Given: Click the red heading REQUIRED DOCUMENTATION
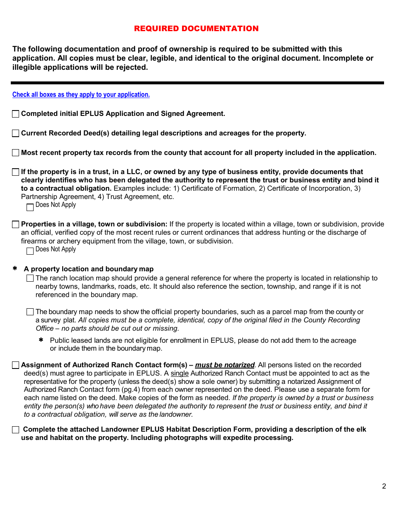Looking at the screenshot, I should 196,29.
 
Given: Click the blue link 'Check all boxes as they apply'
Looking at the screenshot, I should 81,95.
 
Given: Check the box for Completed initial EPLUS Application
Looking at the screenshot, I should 15,114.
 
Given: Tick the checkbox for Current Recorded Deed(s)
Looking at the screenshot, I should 15,133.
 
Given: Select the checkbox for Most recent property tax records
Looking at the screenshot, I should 15,153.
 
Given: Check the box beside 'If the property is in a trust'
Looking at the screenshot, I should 15,172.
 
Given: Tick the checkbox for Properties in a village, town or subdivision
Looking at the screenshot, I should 15,224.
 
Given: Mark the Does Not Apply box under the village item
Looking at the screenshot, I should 30,251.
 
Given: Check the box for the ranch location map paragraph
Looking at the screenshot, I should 30,278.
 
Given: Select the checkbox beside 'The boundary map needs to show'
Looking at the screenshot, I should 30,312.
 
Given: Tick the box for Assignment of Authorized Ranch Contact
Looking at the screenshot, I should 15,365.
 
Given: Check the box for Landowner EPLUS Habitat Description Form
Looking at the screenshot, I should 15,430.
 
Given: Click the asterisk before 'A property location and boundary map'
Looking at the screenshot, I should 15,269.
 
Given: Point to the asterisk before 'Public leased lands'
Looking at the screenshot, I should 41,340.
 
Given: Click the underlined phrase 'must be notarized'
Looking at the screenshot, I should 225,365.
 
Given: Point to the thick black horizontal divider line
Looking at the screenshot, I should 197,83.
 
